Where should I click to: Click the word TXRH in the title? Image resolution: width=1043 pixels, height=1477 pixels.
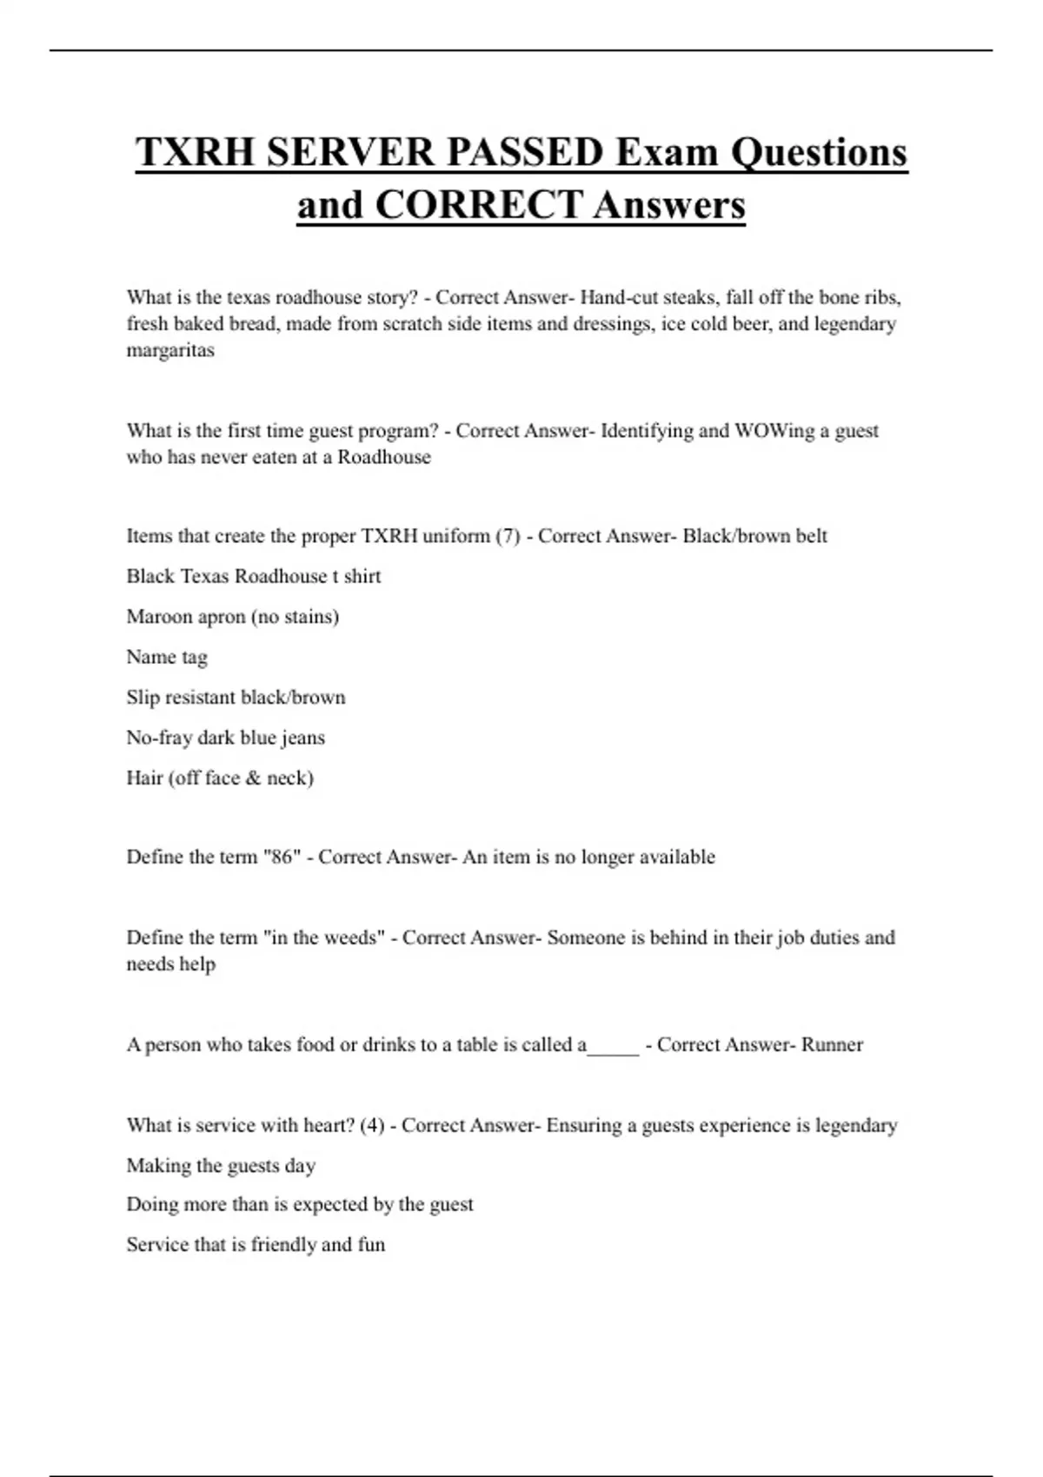[x=195, y=153]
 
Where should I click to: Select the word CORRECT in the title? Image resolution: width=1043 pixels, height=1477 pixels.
[x=478, y=206]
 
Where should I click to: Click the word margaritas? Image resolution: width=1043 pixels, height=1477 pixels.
[x=170, y=350]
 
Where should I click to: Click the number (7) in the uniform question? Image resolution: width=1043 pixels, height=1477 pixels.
[x=508, y=536]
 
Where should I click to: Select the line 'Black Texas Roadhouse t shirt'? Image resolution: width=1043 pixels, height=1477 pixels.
[x=254, y=577]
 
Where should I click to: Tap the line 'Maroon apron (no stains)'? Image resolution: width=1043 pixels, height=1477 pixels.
[x=233, y=617]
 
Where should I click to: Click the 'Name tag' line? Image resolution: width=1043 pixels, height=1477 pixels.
[x=167, y=658]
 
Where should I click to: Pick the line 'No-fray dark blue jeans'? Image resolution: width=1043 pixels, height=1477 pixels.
[x=226, y=738]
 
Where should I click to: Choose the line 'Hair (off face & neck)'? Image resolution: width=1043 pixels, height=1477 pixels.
[x=220, y=778]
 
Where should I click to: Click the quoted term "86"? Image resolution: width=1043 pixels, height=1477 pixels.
[x=282, y=858]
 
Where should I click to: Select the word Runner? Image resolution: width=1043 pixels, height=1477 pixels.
[x=832, y=1045]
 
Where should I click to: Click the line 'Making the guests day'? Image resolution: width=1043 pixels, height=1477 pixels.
[x=221, y=1166]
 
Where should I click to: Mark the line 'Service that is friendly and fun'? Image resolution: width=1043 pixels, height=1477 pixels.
[x=256, y=1245]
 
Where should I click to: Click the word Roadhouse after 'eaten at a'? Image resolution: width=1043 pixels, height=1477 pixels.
[x=384, y=458]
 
